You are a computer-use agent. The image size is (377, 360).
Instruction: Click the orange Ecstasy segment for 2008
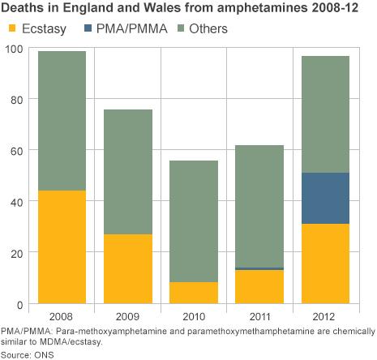(x=62, y=246)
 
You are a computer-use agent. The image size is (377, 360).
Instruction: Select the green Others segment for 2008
(x=62, y=121)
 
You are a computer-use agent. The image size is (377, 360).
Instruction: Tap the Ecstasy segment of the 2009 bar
(x=127, y=268)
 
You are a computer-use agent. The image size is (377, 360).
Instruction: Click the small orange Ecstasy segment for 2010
(x=193, y=293)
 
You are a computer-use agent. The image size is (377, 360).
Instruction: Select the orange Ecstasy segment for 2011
(x=259, y=286)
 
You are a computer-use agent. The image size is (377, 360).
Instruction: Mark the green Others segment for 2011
(x=259, y=206)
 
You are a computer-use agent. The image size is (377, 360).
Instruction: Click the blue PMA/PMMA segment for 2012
(x=324, y=199)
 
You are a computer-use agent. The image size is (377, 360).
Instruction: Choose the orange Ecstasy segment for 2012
(x=324, y=264)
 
